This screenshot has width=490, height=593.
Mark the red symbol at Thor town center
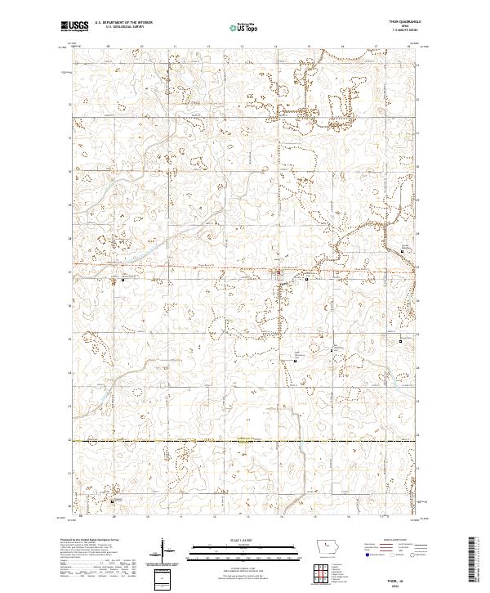278,272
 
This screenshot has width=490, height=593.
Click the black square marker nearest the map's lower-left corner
113,501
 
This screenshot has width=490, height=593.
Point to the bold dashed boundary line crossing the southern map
245,441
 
